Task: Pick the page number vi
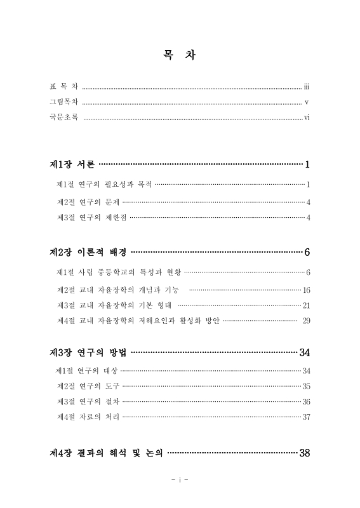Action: (x=306, y=117)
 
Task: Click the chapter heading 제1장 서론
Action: (x=72, y=165)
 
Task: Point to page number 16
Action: (x=305, y=290)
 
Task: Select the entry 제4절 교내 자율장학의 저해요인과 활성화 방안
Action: (x=138, y=321)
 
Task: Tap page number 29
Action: (x=305, y=321)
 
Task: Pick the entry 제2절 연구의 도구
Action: (x=88, y=386)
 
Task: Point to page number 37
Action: (x=305, y=417)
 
